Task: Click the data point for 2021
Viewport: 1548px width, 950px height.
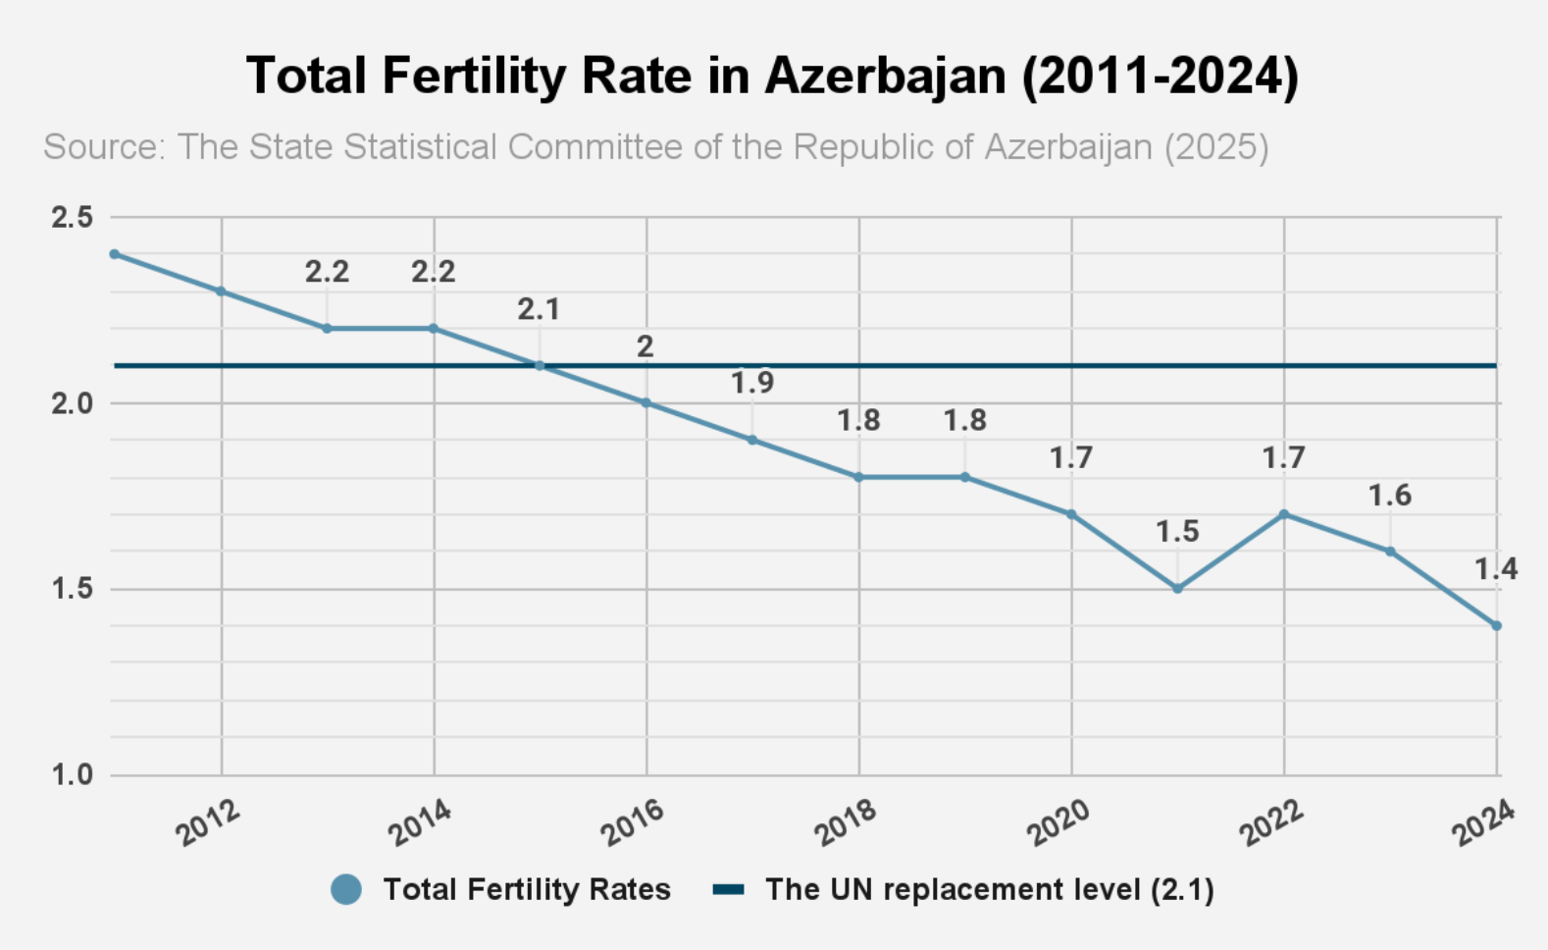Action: coord(1177,589)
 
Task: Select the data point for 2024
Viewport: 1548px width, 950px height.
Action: coord(1496,625)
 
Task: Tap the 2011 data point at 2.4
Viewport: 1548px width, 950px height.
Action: coord(115,254)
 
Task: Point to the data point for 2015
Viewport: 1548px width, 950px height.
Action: coord(540,366)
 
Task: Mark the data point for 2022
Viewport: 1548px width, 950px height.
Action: coord(1283,514)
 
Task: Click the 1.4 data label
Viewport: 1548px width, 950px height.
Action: coord(1496,569)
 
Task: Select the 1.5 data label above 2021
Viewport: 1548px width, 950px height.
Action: coord(1177,532)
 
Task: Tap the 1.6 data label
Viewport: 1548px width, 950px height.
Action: coord(1390,496)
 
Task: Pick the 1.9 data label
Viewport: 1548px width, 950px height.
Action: coord(752,383)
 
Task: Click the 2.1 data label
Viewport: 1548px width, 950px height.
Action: coord(539,310)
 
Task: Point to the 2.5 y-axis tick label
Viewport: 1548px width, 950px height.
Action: coord(72,217)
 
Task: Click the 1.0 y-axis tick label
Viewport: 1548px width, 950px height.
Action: coord(72,775)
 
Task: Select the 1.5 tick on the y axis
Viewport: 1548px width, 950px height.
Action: coord(72,589)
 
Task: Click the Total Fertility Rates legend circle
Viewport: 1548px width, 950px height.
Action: coord(346,889)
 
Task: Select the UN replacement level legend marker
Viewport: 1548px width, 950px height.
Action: coord(728,889)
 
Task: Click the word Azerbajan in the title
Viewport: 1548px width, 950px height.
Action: coord(886,76)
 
